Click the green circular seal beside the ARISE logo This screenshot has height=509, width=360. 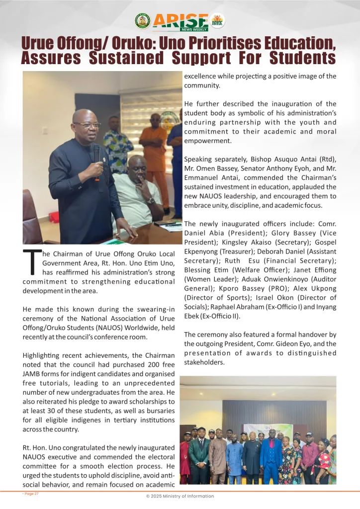click(143, 20)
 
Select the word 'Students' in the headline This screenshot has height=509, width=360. click(302, 58)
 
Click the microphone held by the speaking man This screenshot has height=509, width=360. click(96, 154)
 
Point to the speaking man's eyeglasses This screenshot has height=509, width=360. click(87, 125)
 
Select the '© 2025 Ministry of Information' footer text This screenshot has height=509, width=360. click(180, 496)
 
